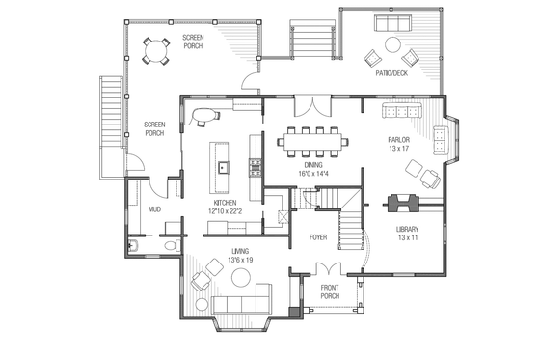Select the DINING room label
tap(313, 165)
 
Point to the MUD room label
tap(153, 208)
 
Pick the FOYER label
tap(318, 236)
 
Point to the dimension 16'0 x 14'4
tap(313, 174)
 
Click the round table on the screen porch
tap(154, 50)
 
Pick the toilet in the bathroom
tap(170, 246)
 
